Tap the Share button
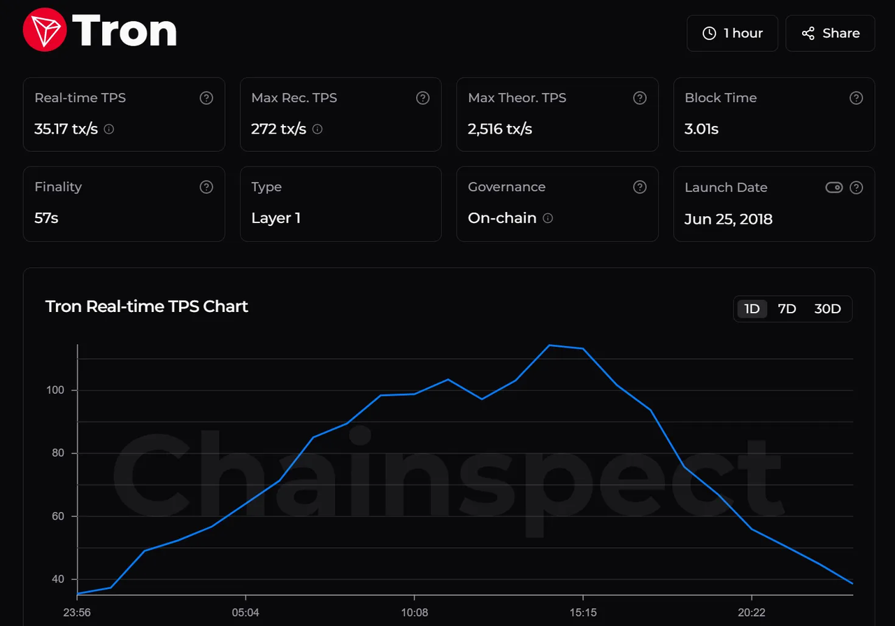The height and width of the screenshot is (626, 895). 830,33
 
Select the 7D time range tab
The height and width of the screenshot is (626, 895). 787,308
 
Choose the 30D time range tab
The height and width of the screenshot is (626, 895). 827,308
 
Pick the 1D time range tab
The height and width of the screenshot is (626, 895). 752,308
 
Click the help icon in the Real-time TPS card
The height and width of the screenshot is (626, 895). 206,98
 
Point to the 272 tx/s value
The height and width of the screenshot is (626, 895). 278,129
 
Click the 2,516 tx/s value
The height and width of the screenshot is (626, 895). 500,129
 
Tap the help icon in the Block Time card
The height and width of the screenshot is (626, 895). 856,98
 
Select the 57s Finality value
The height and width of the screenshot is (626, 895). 46,218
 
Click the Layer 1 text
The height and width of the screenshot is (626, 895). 275,218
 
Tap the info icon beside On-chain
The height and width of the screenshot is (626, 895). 548,218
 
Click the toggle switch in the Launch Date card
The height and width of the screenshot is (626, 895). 833,187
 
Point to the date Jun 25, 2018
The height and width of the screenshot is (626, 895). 728,219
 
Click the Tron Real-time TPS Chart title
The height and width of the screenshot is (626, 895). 147,306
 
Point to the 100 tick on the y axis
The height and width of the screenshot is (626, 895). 57,390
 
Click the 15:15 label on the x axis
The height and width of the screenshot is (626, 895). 582,613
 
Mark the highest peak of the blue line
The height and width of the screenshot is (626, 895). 549,345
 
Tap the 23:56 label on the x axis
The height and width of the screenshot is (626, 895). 77,613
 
